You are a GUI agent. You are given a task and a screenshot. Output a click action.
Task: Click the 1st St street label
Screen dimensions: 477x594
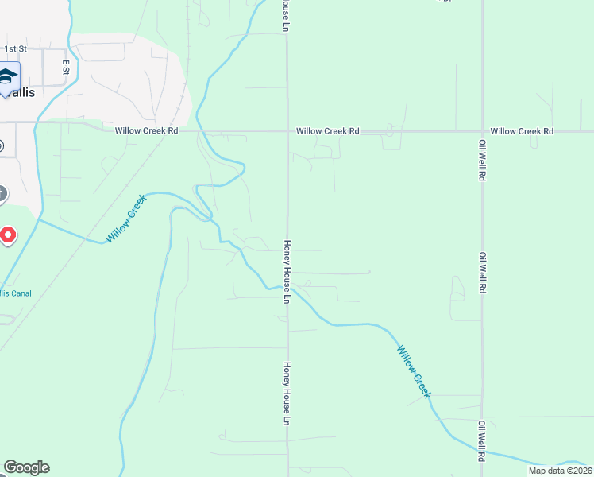[16, 48]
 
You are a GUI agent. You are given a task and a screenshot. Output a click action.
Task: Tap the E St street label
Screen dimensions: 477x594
[66, 68]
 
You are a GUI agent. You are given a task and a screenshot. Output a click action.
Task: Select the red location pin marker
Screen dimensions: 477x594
[7, 235]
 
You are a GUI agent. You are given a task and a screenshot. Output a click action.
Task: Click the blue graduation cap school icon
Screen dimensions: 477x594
[8, 76]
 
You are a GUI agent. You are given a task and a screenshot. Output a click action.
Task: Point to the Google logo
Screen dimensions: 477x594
[26, 467]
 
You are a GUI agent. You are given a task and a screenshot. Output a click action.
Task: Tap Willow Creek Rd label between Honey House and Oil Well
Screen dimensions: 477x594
[328, 131]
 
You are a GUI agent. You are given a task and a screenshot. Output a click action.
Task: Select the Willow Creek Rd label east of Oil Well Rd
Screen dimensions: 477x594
[521, 131]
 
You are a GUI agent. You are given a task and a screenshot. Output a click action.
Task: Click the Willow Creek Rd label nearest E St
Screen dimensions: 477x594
[146, 131]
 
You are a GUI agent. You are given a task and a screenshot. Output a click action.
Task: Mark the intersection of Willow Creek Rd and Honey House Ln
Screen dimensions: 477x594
[287, 131]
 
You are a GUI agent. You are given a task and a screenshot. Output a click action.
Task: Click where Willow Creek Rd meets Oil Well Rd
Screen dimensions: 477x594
[482, 131]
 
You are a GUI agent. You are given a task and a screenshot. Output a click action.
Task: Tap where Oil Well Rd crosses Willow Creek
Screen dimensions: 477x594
[482, 452]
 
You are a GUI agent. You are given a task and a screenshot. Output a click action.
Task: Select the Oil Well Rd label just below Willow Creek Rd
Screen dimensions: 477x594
[482, 157]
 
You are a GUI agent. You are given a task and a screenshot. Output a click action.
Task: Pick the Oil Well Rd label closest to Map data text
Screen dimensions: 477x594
[481, 442]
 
